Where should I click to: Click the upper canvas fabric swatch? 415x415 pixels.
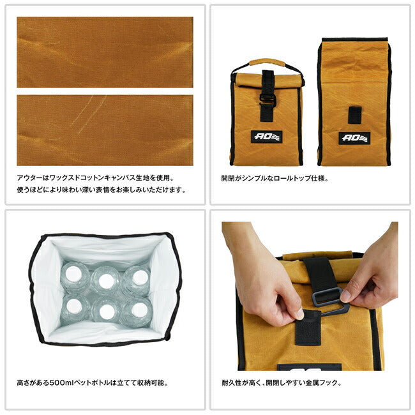point(105,52)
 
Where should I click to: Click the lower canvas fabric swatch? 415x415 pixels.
point(105,130)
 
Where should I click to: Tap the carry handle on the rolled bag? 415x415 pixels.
point(268,64)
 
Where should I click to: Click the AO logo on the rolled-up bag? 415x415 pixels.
point(267,137)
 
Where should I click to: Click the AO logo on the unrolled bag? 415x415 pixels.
point(354,138)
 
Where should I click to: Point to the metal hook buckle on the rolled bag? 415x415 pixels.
point(268,99)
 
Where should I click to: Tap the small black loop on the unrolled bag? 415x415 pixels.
point(354,115)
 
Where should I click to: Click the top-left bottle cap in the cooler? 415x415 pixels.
point(73,274)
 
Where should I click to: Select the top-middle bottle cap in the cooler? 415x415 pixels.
point(107,281)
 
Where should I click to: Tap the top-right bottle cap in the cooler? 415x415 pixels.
point(140,278)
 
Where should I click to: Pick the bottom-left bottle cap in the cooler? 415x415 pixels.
point(74,306)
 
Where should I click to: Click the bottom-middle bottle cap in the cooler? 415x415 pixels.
point(107,312)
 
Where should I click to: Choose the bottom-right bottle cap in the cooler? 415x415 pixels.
point(139,310)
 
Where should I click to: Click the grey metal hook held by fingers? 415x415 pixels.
point(330,301)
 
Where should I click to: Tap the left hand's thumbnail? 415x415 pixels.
point(300,314)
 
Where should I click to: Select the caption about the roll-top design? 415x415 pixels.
point(275,178)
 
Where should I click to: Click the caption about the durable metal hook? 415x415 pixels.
point(282,382)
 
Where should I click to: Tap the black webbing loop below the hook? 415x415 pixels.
point(308,328)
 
